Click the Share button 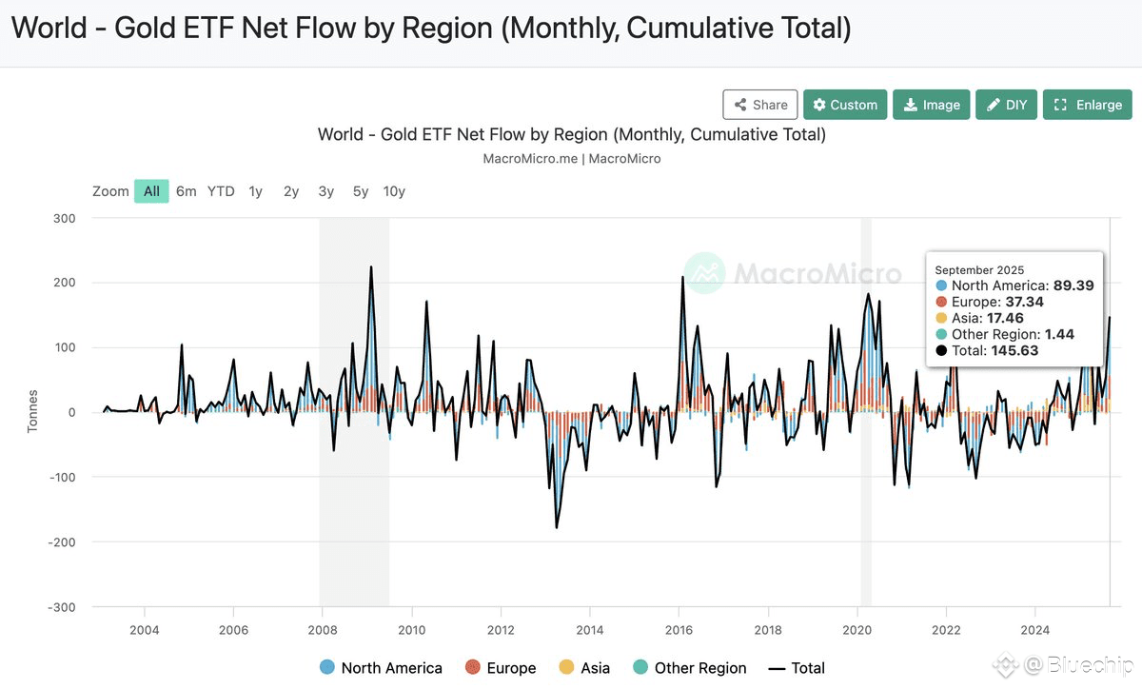click(x=759, y=105)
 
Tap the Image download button click(x=932, y=105)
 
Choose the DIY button click(x=1006, y=105)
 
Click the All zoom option click(x=151, y=191)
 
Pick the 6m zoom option click(x=186, y=191)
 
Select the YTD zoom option click(x=221, y=191)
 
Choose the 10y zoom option click(x=394, y=191)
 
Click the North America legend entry click(x=381, y=668)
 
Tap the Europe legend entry click(x=501, y=668)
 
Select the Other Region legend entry click(x=689, y=668)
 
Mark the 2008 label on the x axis click(x=323, y=629)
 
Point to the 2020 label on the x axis click(x=857, y=629)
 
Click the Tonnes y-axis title click(x=32, y=411)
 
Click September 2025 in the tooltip click(x=980, y=270)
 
